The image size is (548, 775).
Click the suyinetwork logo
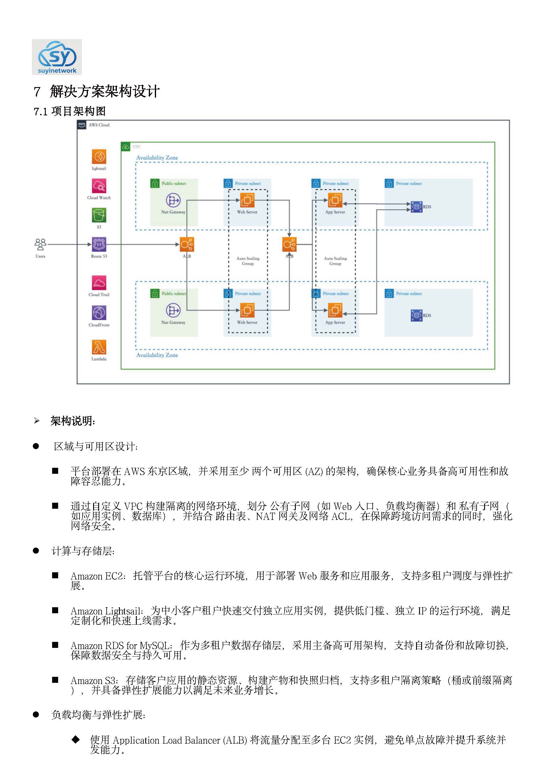click(x=57, y=57)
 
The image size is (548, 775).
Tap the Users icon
click(x=40, y=244)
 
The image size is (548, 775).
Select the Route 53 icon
click(x=99, y=244)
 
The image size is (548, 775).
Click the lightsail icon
click(x=99, y=157)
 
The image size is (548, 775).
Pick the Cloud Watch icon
click(x=99, y=186)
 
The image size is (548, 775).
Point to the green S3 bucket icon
click(x=99, y=215)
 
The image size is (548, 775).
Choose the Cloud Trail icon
click(x=99, y=283)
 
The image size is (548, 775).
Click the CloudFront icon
click(x=99, y=313)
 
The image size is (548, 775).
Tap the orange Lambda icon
click(x=99, y=347)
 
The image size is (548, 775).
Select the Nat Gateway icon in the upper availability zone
click(x=173, y=200)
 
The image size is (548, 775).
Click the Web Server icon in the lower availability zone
click(x=247, y=310)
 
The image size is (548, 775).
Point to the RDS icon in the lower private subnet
click(x=416, y=315)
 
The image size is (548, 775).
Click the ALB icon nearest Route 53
click(x=187, y=244)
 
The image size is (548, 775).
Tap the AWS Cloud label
click(x=99, y=125)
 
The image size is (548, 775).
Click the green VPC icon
click(x=126, y=147)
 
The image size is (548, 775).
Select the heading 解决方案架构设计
click(x=105, y=92)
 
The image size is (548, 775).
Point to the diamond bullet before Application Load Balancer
click(x=76, y=739)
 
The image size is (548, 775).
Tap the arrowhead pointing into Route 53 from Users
click(x=89, y=244)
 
